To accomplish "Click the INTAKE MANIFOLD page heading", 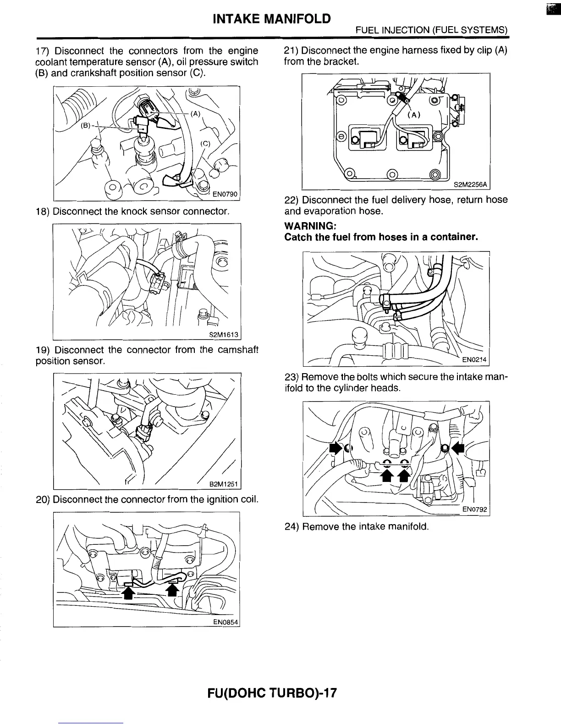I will (272, 19).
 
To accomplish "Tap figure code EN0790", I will (227, 194).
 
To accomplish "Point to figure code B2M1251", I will (224, 484).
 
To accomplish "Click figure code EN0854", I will (226, 622).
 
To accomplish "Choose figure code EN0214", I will (474, 360).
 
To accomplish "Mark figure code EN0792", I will (475, 509).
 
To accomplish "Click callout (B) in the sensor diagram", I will (86, 125).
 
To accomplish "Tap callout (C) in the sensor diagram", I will (205, 143).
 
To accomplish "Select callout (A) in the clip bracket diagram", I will (414, 115).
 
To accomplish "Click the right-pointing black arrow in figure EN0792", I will (335, 448).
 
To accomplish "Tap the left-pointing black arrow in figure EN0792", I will (458, 447).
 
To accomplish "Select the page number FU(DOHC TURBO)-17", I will (272, 692).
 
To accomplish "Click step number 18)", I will (43, 212).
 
